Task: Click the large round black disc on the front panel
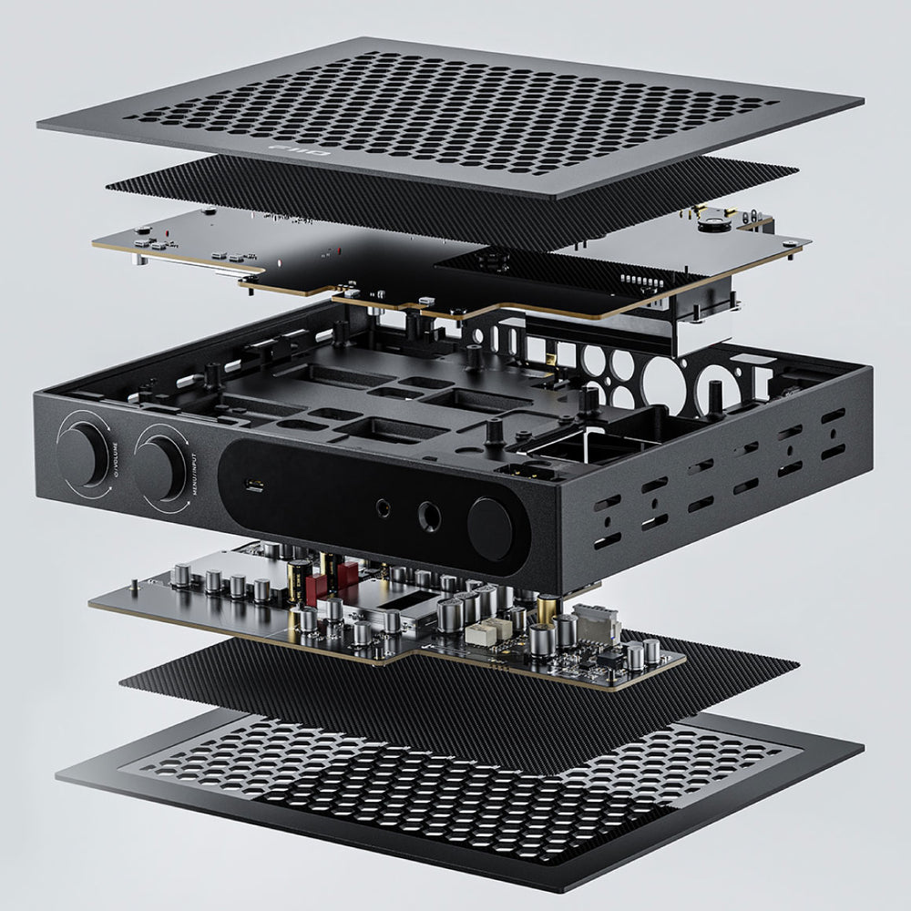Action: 493,529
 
